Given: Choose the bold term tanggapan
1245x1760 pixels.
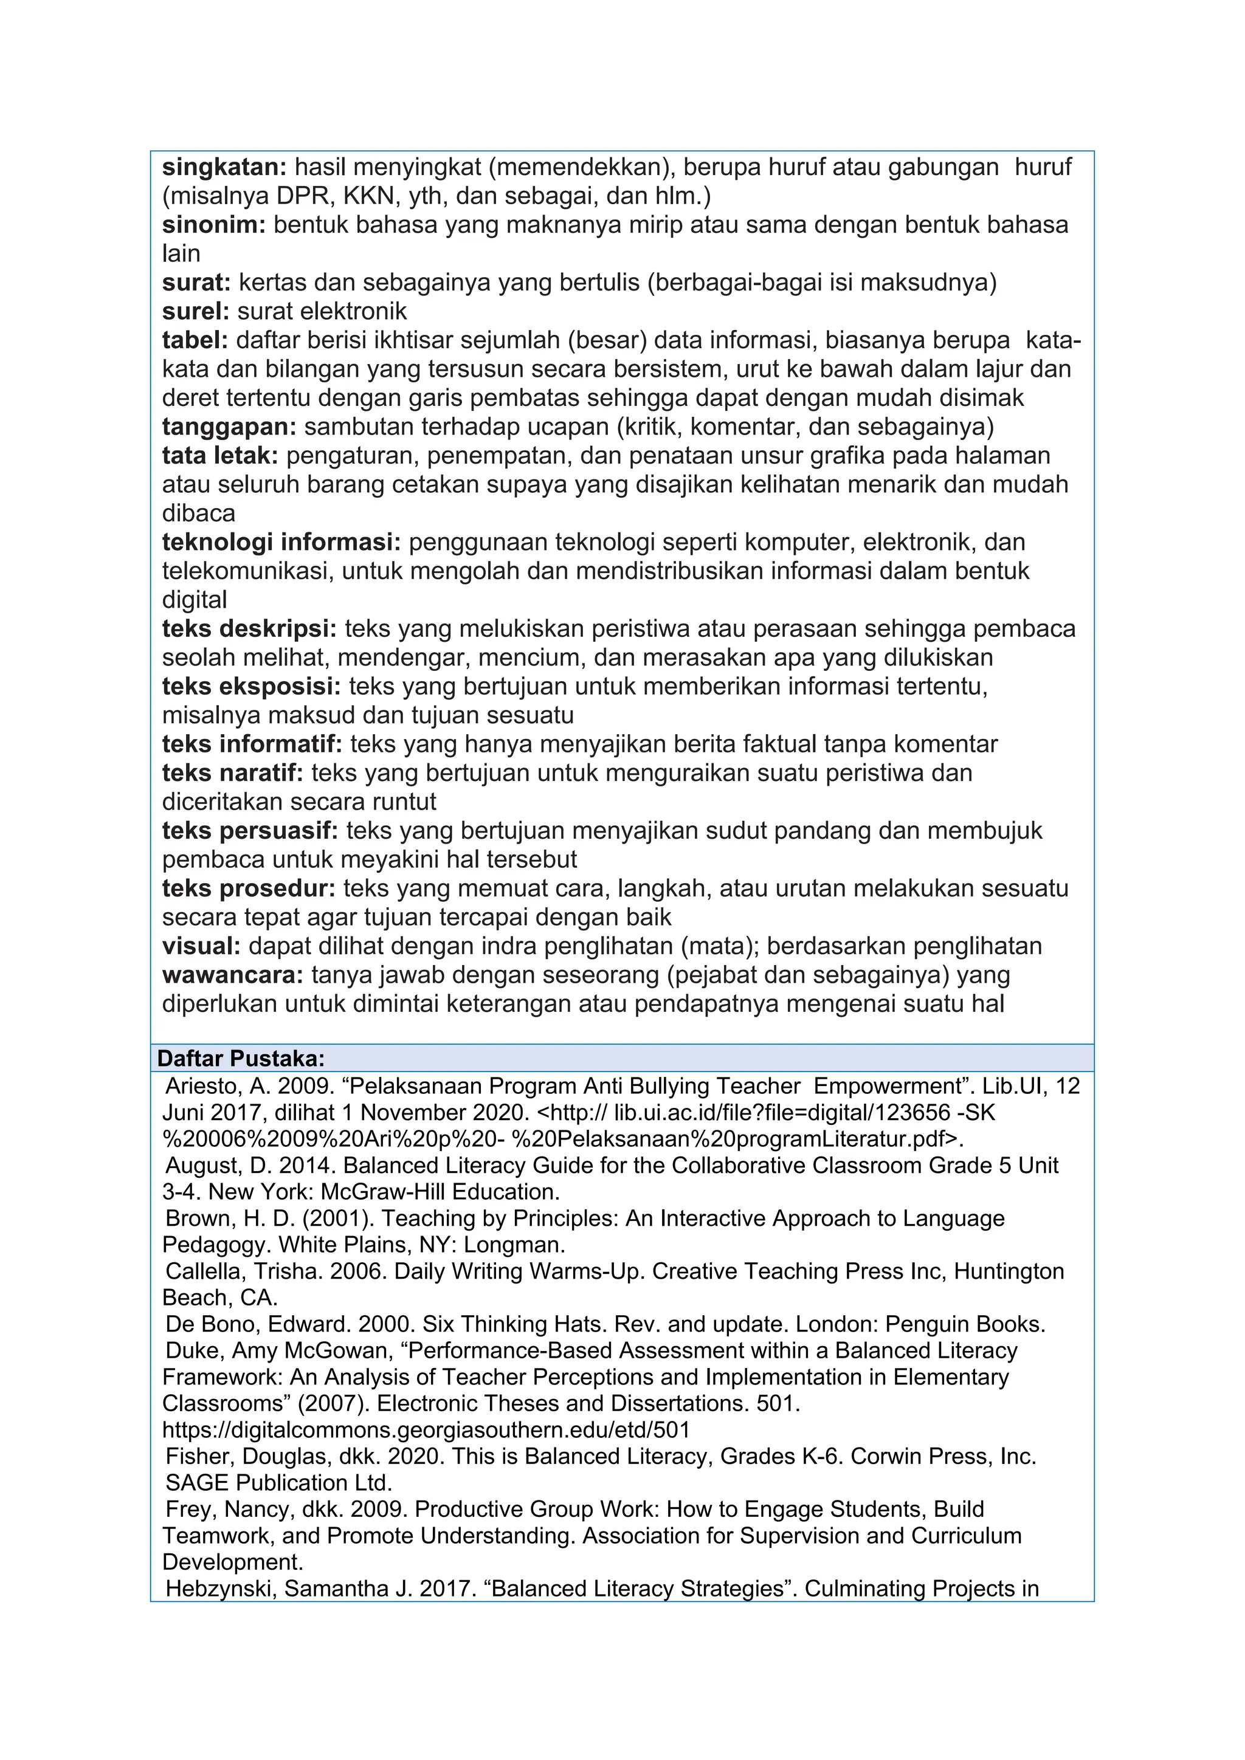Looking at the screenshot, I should point(229,426).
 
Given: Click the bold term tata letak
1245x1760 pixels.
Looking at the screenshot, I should point(220,455).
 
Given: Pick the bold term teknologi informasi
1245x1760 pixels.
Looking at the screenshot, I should point(281,542).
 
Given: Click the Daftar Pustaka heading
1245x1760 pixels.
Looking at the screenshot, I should point(241,1059).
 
